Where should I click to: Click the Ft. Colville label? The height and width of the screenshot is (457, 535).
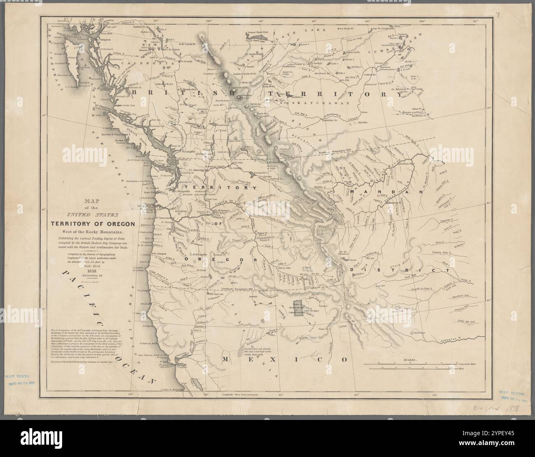237,168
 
